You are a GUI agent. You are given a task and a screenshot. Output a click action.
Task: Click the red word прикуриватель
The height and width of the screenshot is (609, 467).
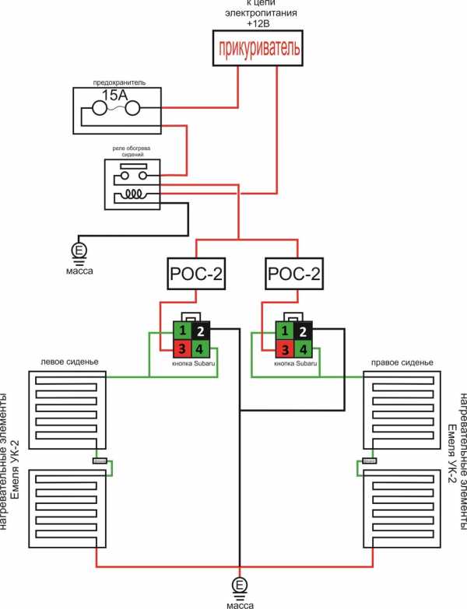click(257, 49)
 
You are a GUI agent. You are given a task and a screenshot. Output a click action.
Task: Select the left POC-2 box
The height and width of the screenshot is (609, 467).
click(195, 275)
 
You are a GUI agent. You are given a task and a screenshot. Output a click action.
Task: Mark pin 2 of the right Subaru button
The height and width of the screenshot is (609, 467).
click(304, 331)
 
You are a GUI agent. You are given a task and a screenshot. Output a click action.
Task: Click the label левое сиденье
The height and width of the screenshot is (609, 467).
click(66, 362)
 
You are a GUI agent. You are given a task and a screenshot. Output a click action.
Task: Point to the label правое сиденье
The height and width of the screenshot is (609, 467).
click(401, 362)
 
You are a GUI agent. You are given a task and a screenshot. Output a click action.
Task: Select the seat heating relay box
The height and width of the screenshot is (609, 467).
click(132, 184)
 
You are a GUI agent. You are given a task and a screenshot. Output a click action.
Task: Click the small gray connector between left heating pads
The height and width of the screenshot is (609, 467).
click(100, 461)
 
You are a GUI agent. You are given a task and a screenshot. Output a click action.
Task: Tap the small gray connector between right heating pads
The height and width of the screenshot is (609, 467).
click(370, 461)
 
